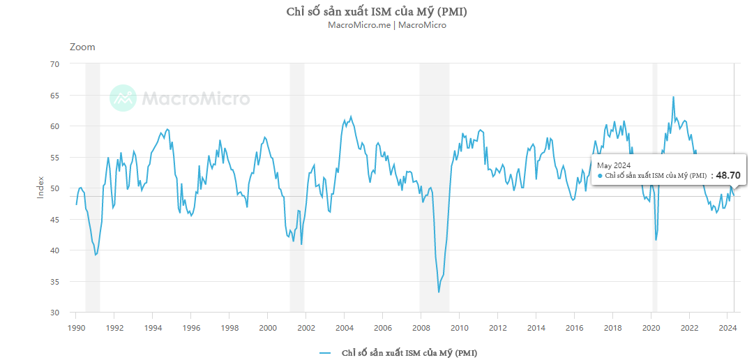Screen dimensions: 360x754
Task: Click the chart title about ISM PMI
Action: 377,12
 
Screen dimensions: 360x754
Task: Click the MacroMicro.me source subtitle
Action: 387,25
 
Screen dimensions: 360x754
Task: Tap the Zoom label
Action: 82,47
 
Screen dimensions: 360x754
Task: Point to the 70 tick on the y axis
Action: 54,64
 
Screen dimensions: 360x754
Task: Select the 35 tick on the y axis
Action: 54,282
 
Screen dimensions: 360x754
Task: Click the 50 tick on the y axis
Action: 54,188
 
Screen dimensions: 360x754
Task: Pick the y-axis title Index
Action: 40,188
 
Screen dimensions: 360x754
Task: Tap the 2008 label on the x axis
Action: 421,327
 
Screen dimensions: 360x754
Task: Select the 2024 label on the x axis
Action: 727,327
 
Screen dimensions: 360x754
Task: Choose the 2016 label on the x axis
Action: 574,327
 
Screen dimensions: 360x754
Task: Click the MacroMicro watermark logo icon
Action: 123,98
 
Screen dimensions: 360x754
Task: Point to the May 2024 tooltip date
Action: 614,165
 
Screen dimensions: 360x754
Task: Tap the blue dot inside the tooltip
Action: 600,176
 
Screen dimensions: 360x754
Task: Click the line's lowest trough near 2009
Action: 439,292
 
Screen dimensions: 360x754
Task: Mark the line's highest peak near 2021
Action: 673,97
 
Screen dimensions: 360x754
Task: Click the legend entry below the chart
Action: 398,352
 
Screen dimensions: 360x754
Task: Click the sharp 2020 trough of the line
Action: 656,240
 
